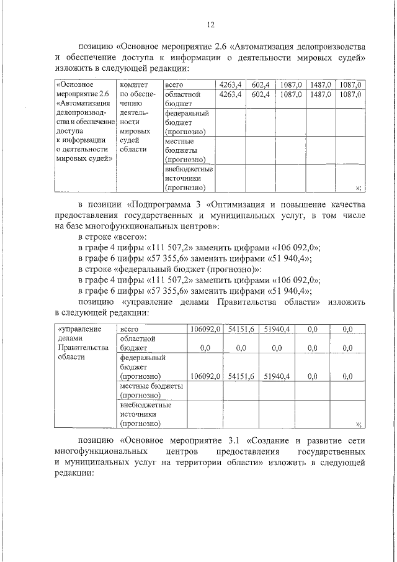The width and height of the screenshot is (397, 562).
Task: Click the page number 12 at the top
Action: pos(210,24)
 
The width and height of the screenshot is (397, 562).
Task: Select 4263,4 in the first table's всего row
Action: pos(230,84)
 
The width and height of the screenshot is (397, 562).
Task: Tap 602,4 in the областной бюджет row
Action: pos(259,94)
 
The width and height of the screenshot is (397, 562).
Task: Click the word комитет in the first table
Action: pos(133,84)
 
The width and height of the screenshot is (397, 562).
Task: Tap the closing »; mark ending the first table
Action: pos(358,187)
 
